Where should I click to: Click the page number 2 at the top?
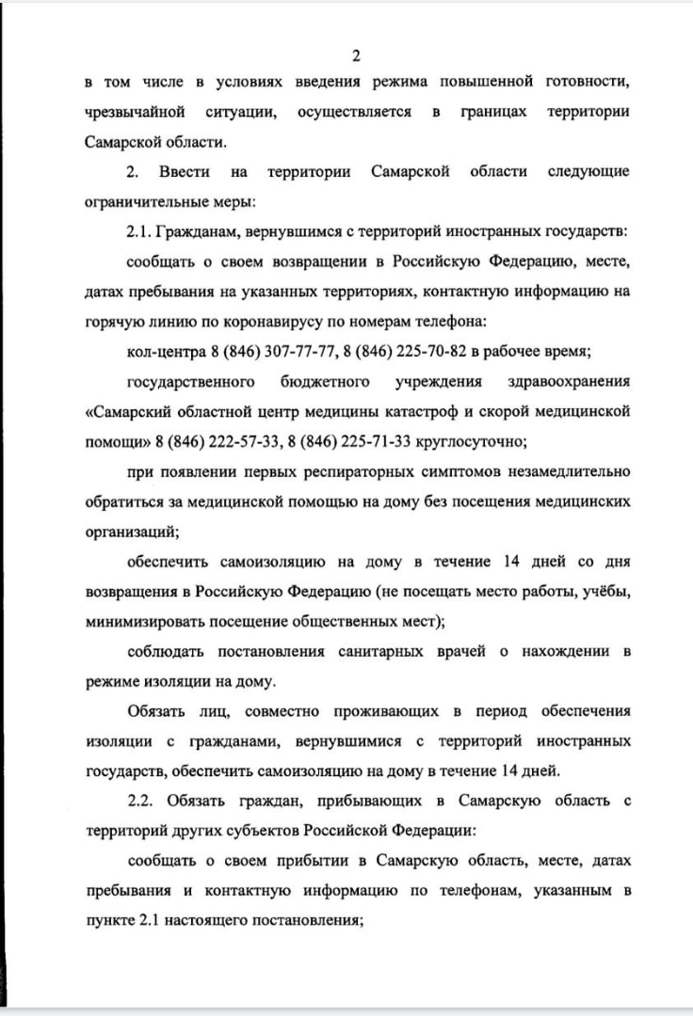pyautogui.click(x=356, y=56)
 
